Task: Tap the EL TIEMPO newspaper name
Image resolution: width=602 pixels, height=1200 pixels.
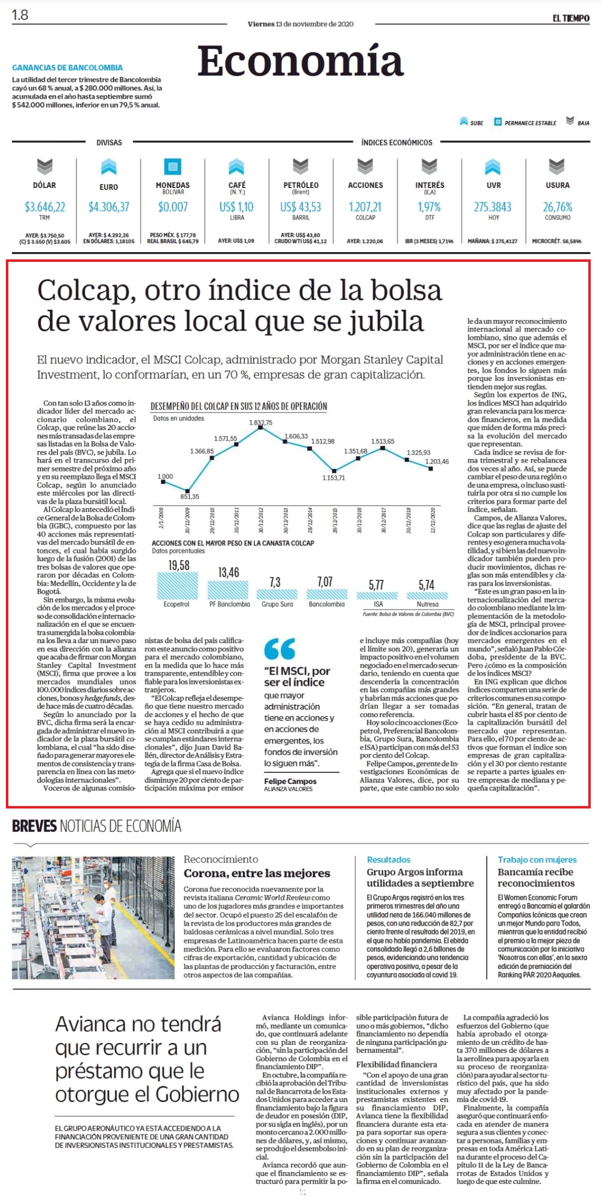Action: coord(571,18)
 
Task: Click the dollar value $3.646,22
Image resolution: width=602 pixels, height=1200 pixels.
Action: coord(45,207)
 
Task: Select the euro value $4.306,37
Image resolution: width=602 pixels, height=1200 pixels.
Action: coord(109,207)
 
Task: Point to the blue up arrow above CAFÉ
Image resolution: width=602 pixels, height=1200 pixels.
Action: coord(237,166)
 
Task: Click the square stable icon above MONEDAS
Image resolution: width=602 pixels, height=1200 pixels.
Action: coord(172,166)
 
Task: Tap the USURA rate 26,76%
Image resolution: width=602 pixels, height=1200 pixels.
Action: coord(557,207)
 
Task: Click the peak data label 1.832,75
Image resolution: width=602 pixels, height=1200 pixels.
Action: coord(261,422)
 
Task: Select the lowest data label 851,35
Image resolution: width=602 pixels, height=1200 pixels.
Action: coord(190,497)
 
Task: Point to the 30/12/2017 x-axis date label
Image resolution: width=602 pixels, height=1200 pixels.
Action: coord(384,520)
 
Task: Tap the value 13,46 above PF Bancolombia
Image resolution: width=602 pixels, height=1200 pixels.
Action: coord(229,572)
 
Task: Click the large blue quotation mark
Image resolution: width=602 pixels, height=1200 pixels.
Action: coord(280,649)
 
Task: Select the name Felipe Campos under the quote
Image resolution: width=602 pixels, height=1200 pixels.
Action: coord(290,781)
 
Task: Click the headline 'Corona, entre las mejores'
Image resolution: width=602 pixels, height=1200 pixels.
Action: coord(257,874)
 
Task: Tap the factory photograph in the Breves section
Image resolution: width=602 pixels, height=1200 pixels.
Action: coord(93,918)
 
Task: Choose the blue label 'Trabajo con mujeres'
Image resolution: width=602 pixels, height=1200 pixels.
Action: coord(537,860)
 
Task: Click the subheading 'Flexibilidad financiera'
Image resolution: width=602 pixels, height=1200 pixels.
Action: coord(397,1064)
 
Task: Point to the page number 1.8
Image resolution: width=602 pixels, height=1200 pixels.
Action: coord(20,15)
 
